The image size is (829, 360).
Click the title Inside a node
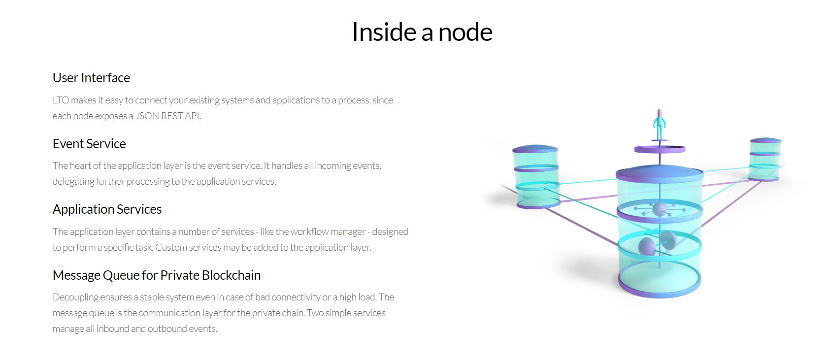pos(422,32)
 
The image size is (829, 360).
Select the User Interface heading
pos(91,78)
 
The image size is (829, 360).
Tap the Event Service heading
pos(89,143)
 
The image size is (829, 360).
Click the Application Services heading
pos(107,209)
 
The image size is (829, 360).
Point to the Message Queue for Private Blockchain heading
pos(157,275)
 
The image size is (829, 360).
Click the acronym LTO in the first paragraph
pos(60,100)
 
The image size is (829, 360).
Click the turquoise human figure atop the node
pos(659,125)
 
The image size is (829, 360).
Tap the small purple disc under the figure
pos(660,149)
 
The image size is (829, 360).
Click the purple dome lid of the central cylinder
pos(660,173)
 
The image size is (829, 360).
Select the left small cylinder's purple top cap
pos(535,149)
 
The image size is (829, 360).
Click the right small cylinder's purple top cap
pos(765,140)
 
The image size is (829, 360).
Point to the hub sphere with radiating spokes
pos(660,209)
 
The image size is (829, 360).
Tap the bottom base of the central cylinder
pos(660,282)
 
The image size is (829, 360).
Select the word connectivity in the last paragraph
pos(296,297)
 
